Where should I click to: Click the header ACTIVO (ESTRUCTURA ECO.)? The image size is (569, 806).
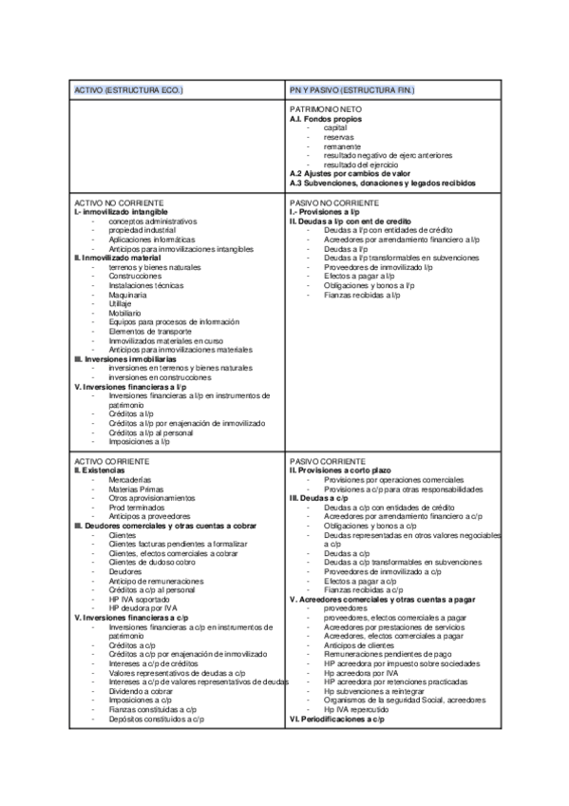click(x=128, y=89)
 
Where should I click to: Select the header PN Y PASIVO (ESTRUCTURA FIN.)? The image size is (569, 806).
click(x=352, y=89)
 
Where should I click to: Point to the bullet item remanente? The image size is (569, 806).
click(x=341, y=145)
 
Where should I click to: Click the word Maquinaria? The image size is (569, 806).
click(x=127, y=294)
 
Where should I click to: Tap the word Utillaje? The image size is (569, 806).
click(x=123, y=303)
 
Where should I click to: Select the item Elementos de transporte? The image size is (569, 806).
click(x=151, y=331)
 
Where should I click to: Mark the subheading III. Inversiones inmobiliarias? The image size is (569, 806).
click(x=124, y=358)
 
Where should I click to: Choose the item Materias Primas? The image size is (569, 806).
click(x=136, y=489)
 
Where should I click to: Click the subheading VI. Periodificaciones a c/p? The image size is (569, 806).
click(x=336, y=719)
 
